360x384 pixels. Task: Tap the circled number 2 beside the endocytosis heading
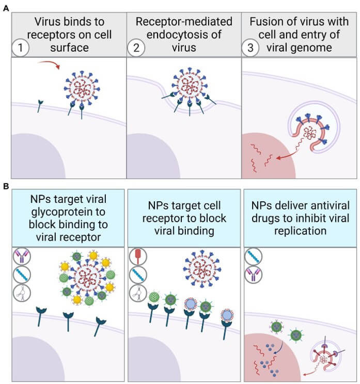click(136, 47)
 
